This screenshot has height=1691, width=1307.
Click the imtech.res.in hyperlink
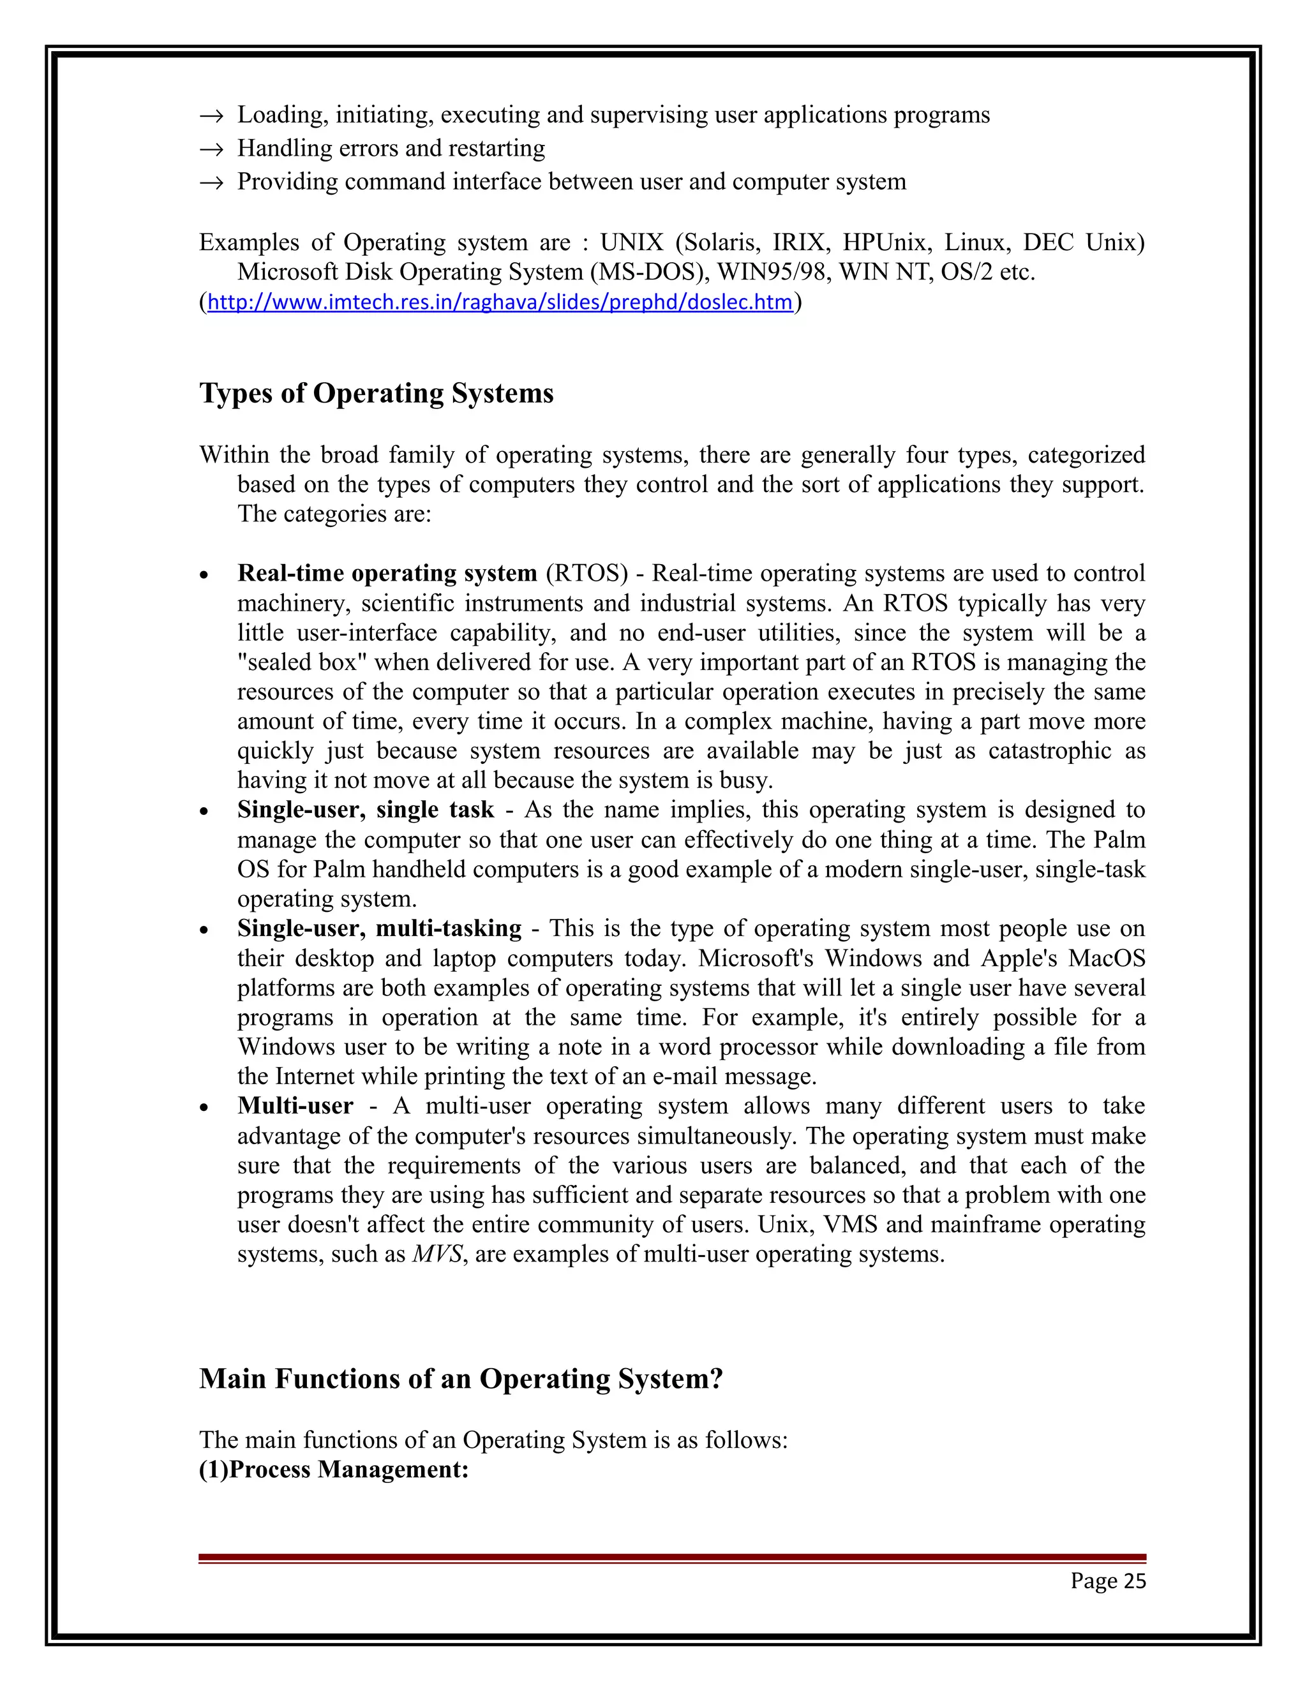pos(500,302)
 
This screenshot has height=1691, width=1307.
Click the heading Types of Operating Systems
pos(377,393)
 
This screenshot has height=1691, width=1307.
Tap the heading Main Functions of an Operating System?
pos(461,1379)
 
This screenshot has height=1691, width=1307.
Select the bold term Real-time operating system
pos(387,573)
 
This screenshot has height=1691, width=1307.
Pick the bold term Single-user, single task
pos(366,810)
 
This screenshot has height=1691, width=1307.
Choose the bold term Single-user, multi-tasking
pos(380,928)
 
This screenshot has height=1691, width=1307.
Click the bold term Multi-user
pos(295,1106)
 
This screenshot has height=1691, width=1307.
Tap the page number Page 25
pos(1107,1581)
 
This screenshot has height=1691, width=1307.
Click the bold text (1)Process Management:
pos(334,1470)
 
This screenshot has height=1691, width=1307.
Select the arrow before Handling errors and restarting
pos(211,149)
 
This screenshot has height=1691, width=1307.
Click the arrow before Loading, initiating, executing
pos(211,115)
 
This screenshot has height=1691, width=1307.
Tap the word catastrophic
pos(1049,751)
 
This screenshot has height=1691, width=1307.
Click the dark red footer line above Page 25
pos(671,1558)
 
